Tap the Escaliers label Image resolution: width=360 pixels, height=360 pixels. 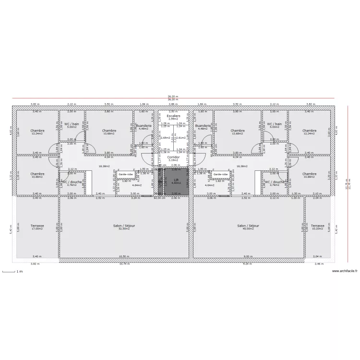click(173, 116)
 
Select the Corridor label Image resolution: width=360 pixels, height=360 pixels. click(173, 157)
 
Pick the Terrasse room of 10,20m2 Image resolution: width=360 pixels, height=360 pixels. click(317, 227)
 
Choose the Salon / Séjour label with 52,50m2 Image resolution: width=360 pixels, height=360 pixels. click(123, 226)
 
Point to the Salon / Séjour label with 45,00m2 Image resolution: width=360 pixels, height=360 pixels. click(248, 226)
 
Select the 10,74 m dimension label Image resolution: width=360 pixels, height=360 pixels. click(124, 264)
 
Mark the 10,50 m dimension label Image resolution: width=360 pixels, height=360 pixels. click(123, 256)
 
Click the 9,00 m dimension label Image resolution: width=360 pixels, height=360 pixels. click(247, 256)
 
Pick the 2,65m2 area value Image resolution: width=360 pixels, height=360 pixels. click(165, 138)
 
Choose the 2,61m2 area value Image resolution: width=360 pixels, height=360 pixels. click(180, 138)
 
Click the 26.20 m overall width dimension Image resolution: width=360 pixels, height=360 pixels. click(173, 96)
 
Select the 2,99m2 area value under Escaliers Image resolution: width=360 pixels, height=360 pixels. click(173, 119)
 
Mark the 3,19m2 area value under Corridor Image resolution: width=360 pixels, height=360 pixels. click(173, 160)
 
